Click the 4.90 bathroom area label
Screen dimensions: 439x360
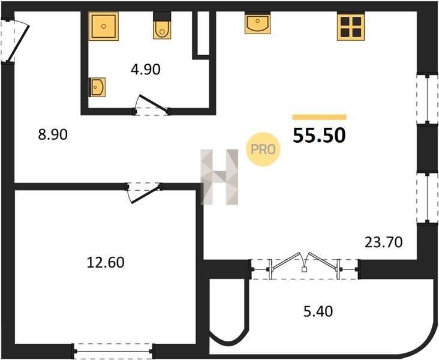[146, 70]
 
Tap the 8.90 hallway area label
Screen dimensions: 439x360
[53, 134]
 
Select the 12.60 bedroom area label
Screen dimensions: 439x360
[106, 263]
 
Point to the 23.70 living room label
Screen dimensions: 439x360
[384, 242]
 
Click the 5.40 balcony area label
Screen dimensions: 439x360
[318, 311]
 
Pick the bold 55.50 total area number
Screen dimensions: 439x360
[319, 136]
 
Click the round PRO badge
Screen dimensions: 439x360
[263, 149]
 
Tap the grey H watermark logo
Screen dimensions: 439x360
[220, 177]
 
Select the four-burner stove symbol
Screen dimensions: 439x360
[351, 26]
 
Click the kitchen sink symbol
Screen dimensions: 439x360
[257, 23]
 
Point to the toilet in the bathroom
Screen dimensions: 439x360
[162, 26]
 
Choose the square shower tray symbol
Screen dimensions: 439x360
[104, 26]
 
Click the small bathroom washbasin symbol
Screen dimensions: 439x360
[97, 87]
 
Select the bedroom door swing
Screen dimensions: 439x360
[144, 193]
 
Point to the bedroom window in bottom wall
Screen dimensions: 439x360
[113, 351]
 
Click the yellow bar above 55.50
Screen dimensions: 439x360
[319, 117]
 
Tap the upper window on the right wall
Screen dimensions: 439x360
[427, 98]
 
